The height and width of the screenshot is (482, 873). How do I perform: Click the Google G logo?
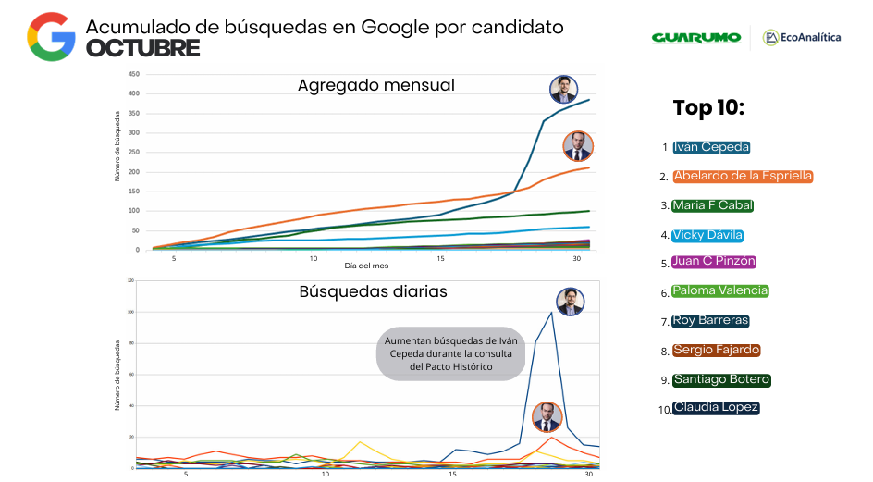pyautogui.click(x=51, y=37)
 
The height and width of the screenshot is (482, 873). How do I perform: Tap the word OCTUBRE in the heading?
pyautogui.click(x=142, y=49)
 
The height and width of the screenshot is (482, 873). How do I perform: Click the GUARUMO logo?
pyautogui.click(x=695, y=37)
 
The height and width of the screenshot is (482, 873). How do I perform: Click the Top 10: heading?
pyautogui.click(x=708, y=108)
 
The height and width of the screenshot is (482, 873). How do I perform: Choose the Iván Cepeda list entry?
pyautogui.click(x=711, y=147)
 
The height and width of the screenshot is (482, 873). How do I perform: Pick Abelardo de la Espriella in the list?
pyautogui.click(x=743, y=176)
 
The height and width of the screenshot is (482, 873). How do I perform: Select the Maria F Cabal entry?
pyautogui.click(x=713, y=205)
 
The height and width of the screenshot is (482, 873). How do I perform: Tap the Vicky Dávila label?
pyautogui.click(x=707, y=235)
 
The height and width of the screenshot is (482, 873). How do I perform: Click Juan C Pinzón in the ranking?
pyautogui.click(x=714, y=262)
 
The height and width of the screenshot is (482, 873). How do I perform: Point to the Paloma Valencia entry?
pyautogui.click(x=719, y=290)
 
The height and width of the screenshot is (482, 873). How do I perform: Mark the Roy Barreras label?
pyautogui.click(x=710, y=321)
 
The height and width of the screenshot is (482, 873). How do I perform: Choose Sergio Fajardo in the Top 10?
pyautogui.click(x=717, y=350)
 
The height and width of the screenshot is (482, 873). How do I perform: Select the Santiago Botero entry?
pyautogui.click(x=720, y=379)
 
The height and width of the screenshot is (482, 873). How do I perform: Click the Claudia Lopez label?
pyautogui.click(x=716, y=408)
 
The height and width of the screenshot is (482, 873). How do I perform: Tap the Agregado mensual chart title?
pyautogui.click(x=375, y=85)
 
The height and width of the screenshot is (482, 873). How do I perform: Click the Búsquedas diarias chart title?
pyautogui.click(x=373, y=291)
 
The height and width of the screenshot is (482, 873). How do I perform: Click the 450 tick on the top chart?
pyautogui.click(x=134, y=74)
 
